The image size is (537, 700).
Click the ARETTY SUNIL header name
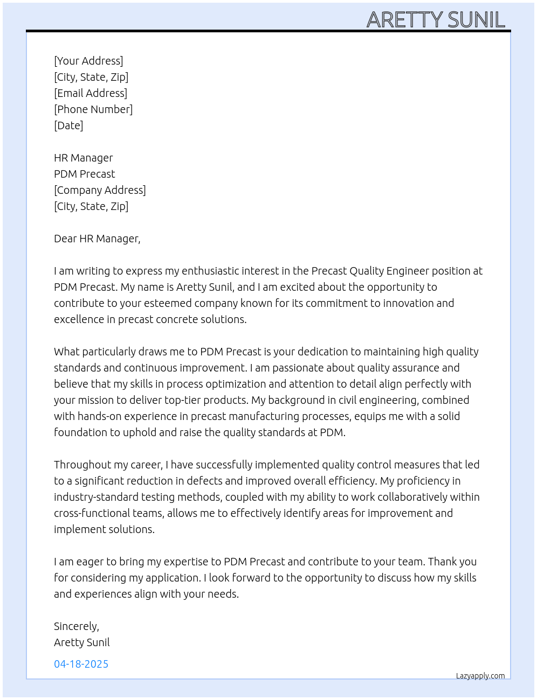tap(436, 20)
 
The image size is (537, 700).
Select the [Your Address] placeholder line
tap(88, 61)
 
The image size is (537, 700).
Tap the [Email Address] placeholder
tap(91, 93)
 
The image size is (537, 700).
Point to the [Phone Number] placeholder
tap(93, 109)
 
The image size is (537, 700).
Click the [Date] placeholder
tap(68, 125)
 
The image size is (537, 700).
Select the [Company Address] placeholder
tap(100, 190)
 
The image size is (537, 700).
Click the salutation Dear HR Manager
tap(97, 239)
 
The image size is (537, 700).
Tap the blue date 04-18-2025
tap(81, 664)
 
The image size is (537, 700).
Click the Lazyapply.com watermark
tap(480, 676)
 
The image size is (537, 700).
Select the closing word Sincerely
tap(76, 626)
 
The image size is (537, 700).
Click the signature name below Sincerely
tap(82, 642)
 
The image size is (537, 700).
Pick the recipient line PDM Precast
tap(85, 174)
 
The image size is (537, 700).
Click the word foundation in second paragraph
tap(80, 432)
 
